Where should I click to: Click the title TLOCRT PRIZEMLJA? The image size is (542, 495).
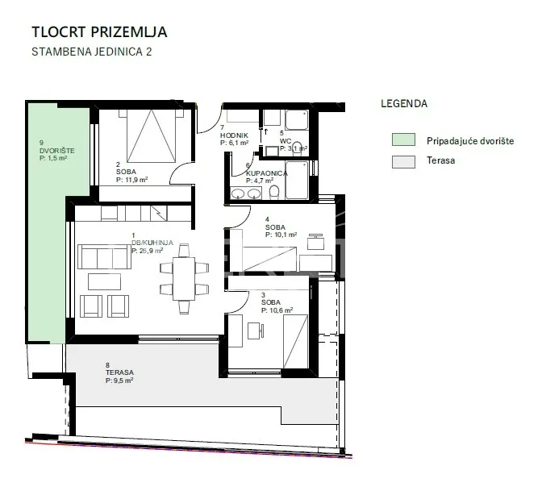click(99, 31)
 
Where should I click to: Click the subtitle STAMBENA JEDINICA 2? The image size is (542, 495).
click(92, 52)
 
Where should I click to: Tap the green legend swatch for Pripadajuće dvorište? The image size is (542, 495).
click(403, 139)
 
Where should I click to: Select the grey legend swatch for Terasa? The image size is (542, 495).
click(403, 162)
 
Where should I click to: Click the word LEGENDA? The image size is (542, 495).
click(404, 104)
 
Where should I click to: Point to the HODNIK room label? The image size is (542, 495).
click(234, 135)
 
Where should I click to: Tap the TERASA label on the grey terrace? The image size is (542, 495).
click(119, 372)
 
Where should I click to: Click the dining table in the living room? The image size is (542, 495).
click(184, 279)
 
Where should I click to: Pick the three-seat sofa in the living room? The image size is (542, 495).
click(104, 256)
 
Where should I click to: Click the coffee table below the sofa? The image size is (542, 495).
click(104, 281)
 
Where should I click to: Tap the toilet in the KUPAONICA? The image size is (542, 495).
click(274, 193)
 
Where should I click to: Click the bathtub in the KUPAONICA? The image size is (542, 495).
click(297, 180)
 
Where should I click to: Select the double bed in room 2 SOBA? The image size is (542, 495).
click(151, 136)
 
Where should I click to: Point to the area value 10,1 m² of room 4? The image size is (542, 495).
click(285, 235)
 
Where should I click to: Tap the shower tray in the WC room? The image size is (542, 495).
click(297, 120)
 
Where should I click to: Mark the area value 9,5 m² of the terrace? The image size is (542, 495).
click(123, 381)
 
